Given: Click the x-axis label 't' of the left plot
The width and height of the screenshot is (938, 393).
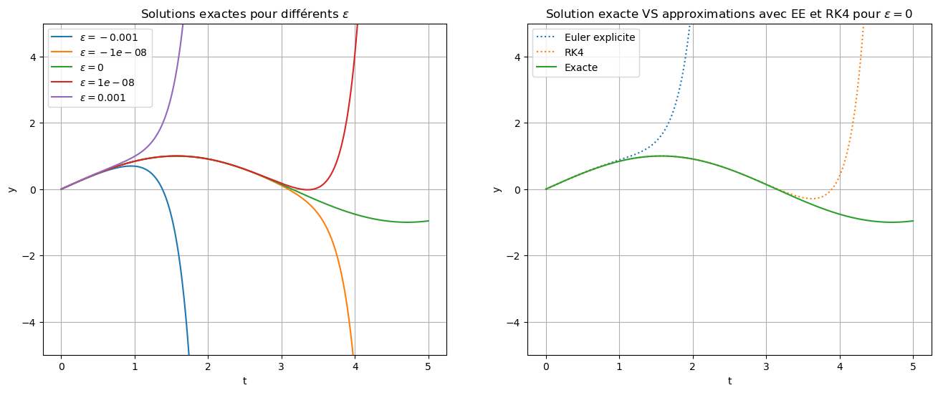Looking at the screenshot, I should (244, 382).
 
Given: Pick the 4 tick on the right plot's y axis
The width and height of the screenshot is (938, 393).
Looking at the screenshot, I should (521, 57).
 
